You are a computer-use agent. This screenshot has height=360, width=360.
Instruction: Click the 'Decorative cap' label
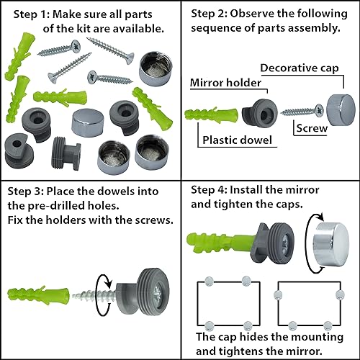coord(300,68)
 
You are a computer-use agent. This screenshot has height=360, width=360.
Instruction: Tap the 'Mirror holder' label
coord(225,83)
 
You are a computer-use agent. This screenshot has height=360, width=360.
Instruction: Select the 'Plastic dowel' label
coord(237,140)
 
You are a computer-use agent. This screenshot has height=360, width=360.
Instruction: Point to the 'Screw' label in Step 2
coord(312,128)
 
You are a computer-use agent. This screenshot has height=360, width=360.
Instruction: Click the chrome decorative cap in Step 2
coord(341,109)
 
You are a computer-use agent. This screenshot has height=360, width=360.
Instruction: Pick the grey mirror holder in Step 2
coord(260,113)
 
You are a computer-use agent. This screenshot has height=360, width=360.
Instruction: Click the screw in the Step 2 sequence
coord(302,111)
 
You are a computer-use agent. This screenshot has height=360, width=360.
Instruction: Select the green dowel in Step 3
coord(38,295)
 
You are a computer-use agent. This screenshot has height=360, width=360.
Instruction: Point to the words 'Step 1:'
coord(32,14)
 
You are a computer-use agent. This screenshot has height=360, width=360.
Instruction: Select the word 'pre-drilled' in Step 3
coord(73,206)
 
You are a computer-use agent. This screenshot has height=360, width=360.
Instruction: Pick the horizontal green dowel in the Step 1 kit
coord(60,97)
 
